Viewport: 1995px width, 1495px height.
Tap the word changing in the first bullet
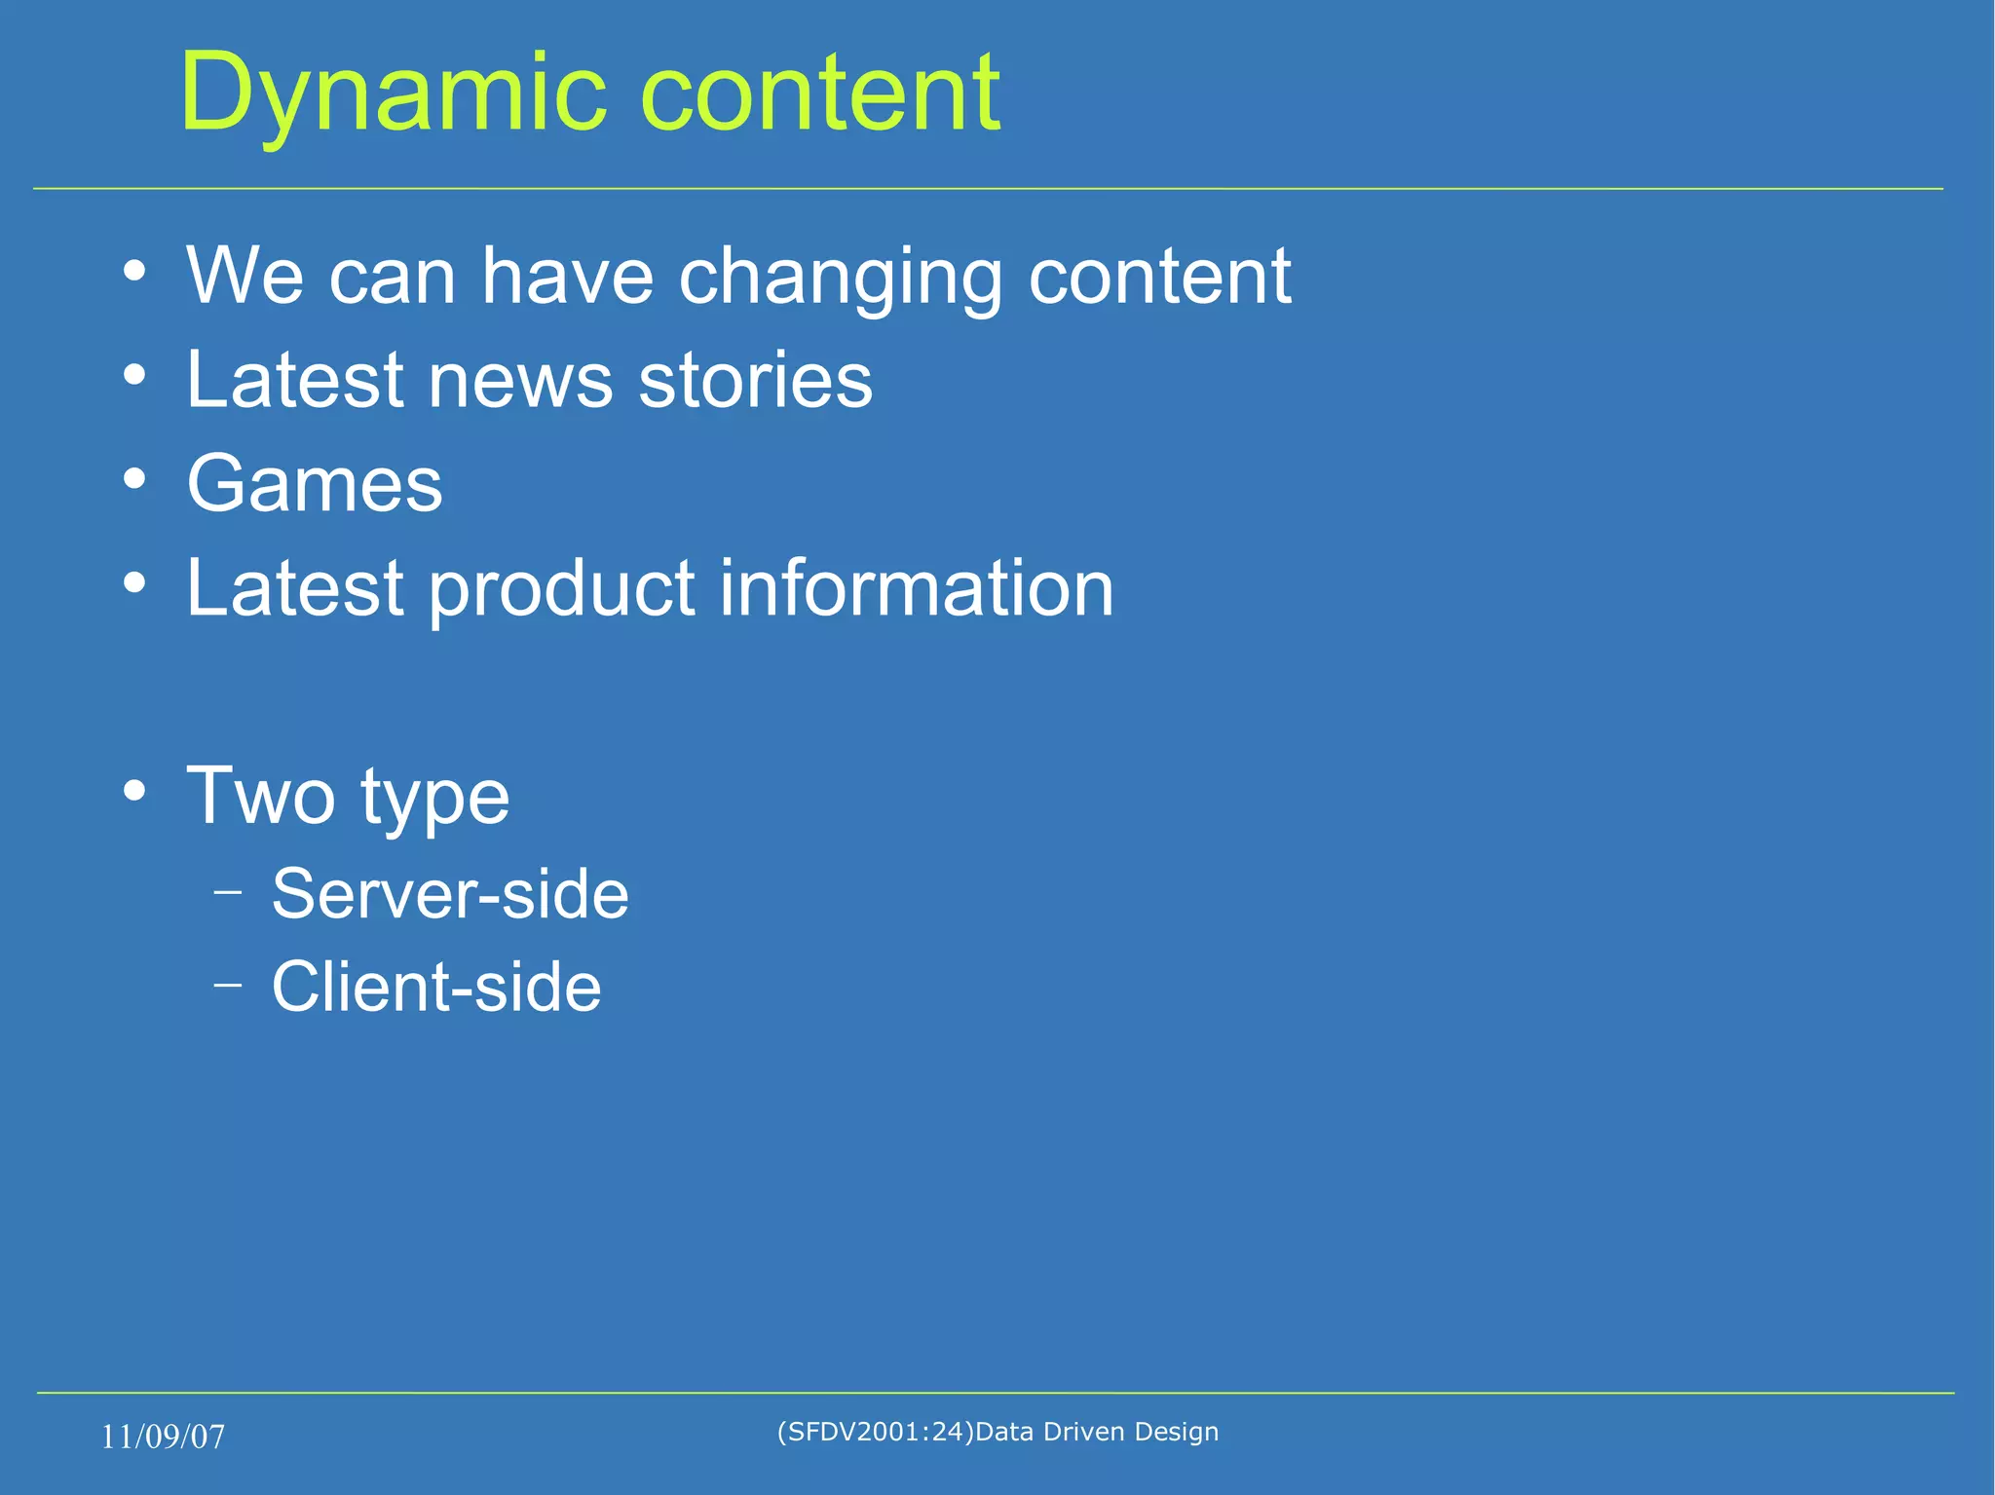840,278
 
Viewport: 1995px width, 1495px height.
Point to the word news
520,381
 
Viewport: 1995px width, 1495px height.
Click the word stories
755,381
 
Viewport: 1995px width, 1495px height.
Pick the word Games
315,484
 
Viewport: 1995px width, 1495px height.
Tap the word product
561,590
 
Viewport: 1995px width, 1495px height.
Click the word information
916,588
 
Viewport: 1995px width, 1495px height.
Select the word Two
260,797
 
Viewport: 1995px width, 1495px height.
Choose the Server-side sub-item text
450,894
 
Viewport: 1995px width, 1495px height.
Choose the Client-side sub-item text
436,988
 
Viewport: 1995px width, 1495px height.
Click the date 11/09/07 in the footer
163,1437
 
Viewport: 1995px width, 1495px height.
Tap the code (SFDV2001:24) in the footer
875,1432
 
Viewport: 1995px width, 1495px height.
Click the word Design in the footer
1176,1432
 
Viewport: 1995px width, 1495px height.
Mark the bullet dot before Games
135,478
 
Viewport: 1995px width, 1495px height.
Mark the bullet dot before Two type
135,791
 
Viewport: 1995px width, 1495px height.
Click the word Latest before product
294,588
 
